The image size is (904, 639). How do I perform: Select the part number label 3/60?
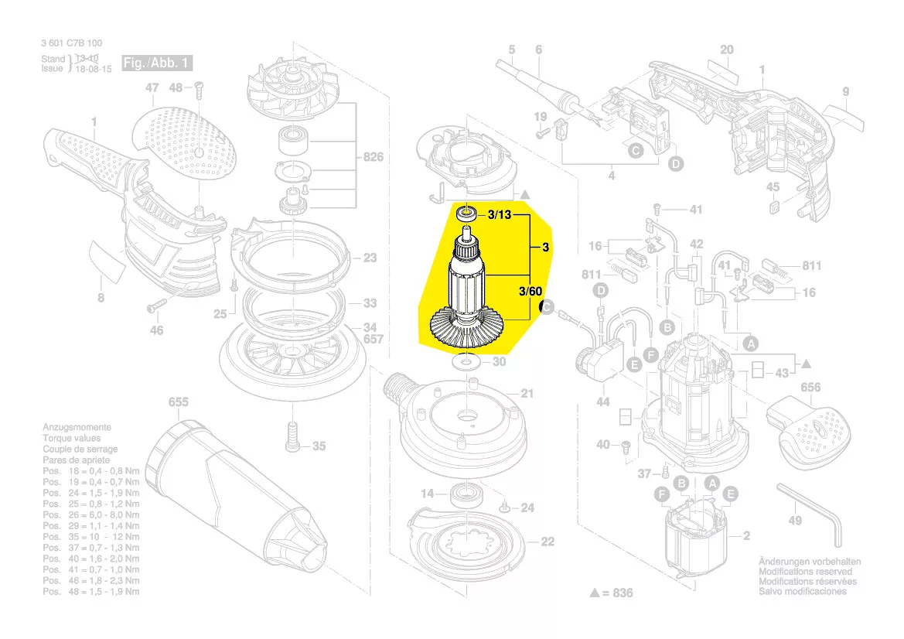coord(530,292)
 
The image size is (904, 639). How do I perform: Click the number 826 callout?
coord(374,158)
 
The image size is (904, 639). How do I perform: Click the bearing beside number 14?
coord(466,494)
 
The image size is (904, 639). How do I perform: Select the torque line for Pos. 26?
coord(90,514)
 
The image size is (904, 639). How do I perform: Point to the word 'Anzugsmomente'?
coord(77,427)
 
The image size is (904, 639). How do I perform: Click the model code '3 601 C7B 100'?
coord(72,43)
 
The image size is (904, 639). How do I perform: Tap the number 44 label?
coord(602,402)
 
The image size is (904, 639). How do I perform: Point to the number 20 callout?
coord(726,50)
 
